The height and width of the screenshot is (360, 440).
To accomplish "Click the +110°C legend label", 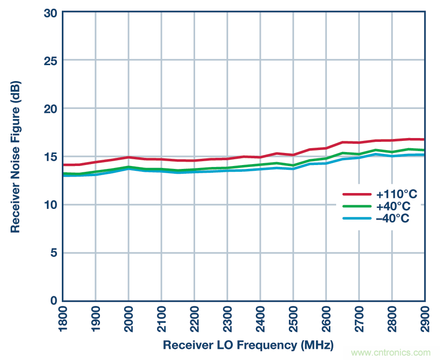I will (397, 194).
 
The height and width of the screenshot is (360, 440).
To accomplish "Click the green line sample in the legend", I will (356, 207).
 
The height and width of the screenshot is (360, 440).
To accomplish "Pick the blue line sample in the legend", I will (356, 219).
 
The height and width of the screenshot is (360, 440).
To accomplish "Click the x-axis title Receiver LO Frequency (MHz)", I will (248, 346).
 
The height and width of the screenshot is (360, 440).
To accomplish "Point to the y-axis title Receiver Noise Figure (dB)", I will (16, 157).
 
